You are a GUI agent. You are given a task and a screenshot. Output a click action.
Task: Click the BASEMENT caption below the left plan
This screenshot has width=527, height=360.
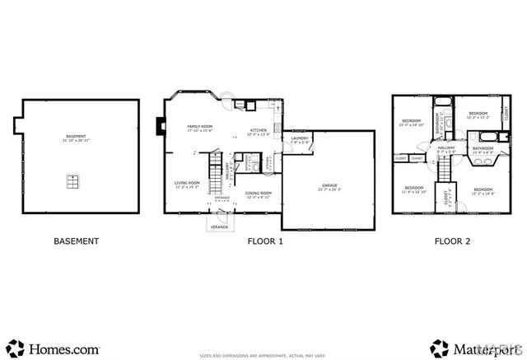[76, 241]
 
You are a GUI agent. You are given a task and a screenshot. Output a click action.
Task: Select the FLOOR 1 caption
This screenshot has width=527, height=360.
[265, 241]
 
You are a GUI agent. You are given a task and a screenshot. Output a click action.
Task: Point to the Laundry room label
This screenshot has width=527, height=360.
[300, 139]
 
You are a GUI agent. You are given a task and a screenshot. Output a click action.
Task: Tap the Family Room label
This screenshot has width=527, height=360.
[200, 128]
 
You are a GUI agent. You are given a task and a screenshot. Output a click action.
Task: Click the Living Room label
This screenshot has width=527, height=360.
[187, 184]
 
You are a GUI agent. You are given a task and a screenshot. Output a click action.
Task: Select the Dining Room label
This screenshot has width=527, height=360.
[259, 194]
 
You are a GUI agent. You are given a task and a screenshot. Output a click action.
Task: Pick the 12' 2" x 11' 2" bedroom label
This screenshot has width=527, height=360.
[478, 115]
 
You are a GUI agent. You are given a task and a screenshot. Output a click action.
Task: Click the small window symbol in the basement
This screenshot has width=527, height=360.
[73, 180]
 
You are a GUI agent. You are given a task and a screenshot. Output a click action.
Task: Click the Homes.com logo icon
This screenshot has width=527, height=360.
[14, 346]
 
